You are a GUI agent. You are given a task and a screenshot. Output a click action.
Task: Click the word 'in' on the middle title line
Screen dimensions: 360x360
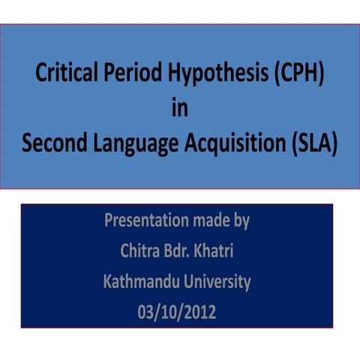tap(179, 109)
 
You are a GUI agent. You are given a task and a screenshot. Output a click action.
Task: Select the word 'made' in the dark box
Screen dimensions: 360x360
tap(210, 222)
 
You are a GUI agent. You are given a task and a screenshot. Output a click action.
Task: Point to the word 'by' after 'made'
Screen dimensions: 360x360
tap(241, 223)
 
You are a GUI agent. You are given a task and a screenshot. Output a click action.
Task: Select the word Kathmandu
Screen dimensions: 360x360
tap(139, 282)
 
